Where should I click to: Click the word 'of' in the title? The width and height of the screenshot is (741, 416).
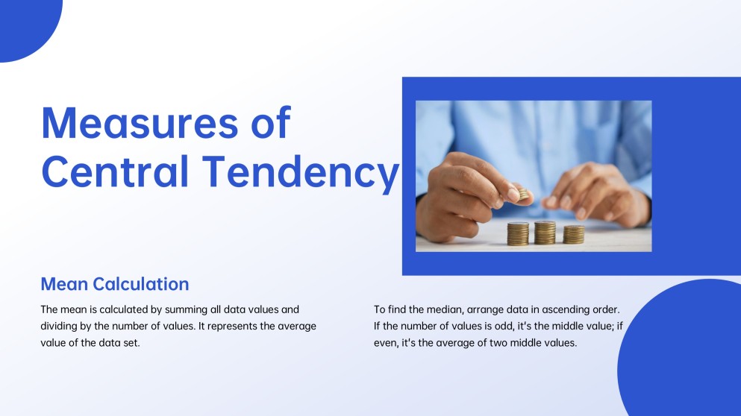tap(269, 123)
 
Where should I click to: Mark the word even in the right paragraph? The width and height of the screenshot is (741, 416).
tap(386, 343)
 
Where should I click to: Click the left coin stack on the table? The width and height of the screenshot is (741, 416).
tap(517, 233)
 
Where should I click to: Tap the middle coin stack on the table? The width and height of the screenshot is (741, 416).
tap(545, 232)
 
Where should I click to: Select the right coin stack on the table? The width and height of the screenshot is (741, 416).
tap(573, 234)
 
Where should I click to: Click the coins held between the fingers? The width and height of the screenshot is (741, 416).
tap(524, 194)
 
